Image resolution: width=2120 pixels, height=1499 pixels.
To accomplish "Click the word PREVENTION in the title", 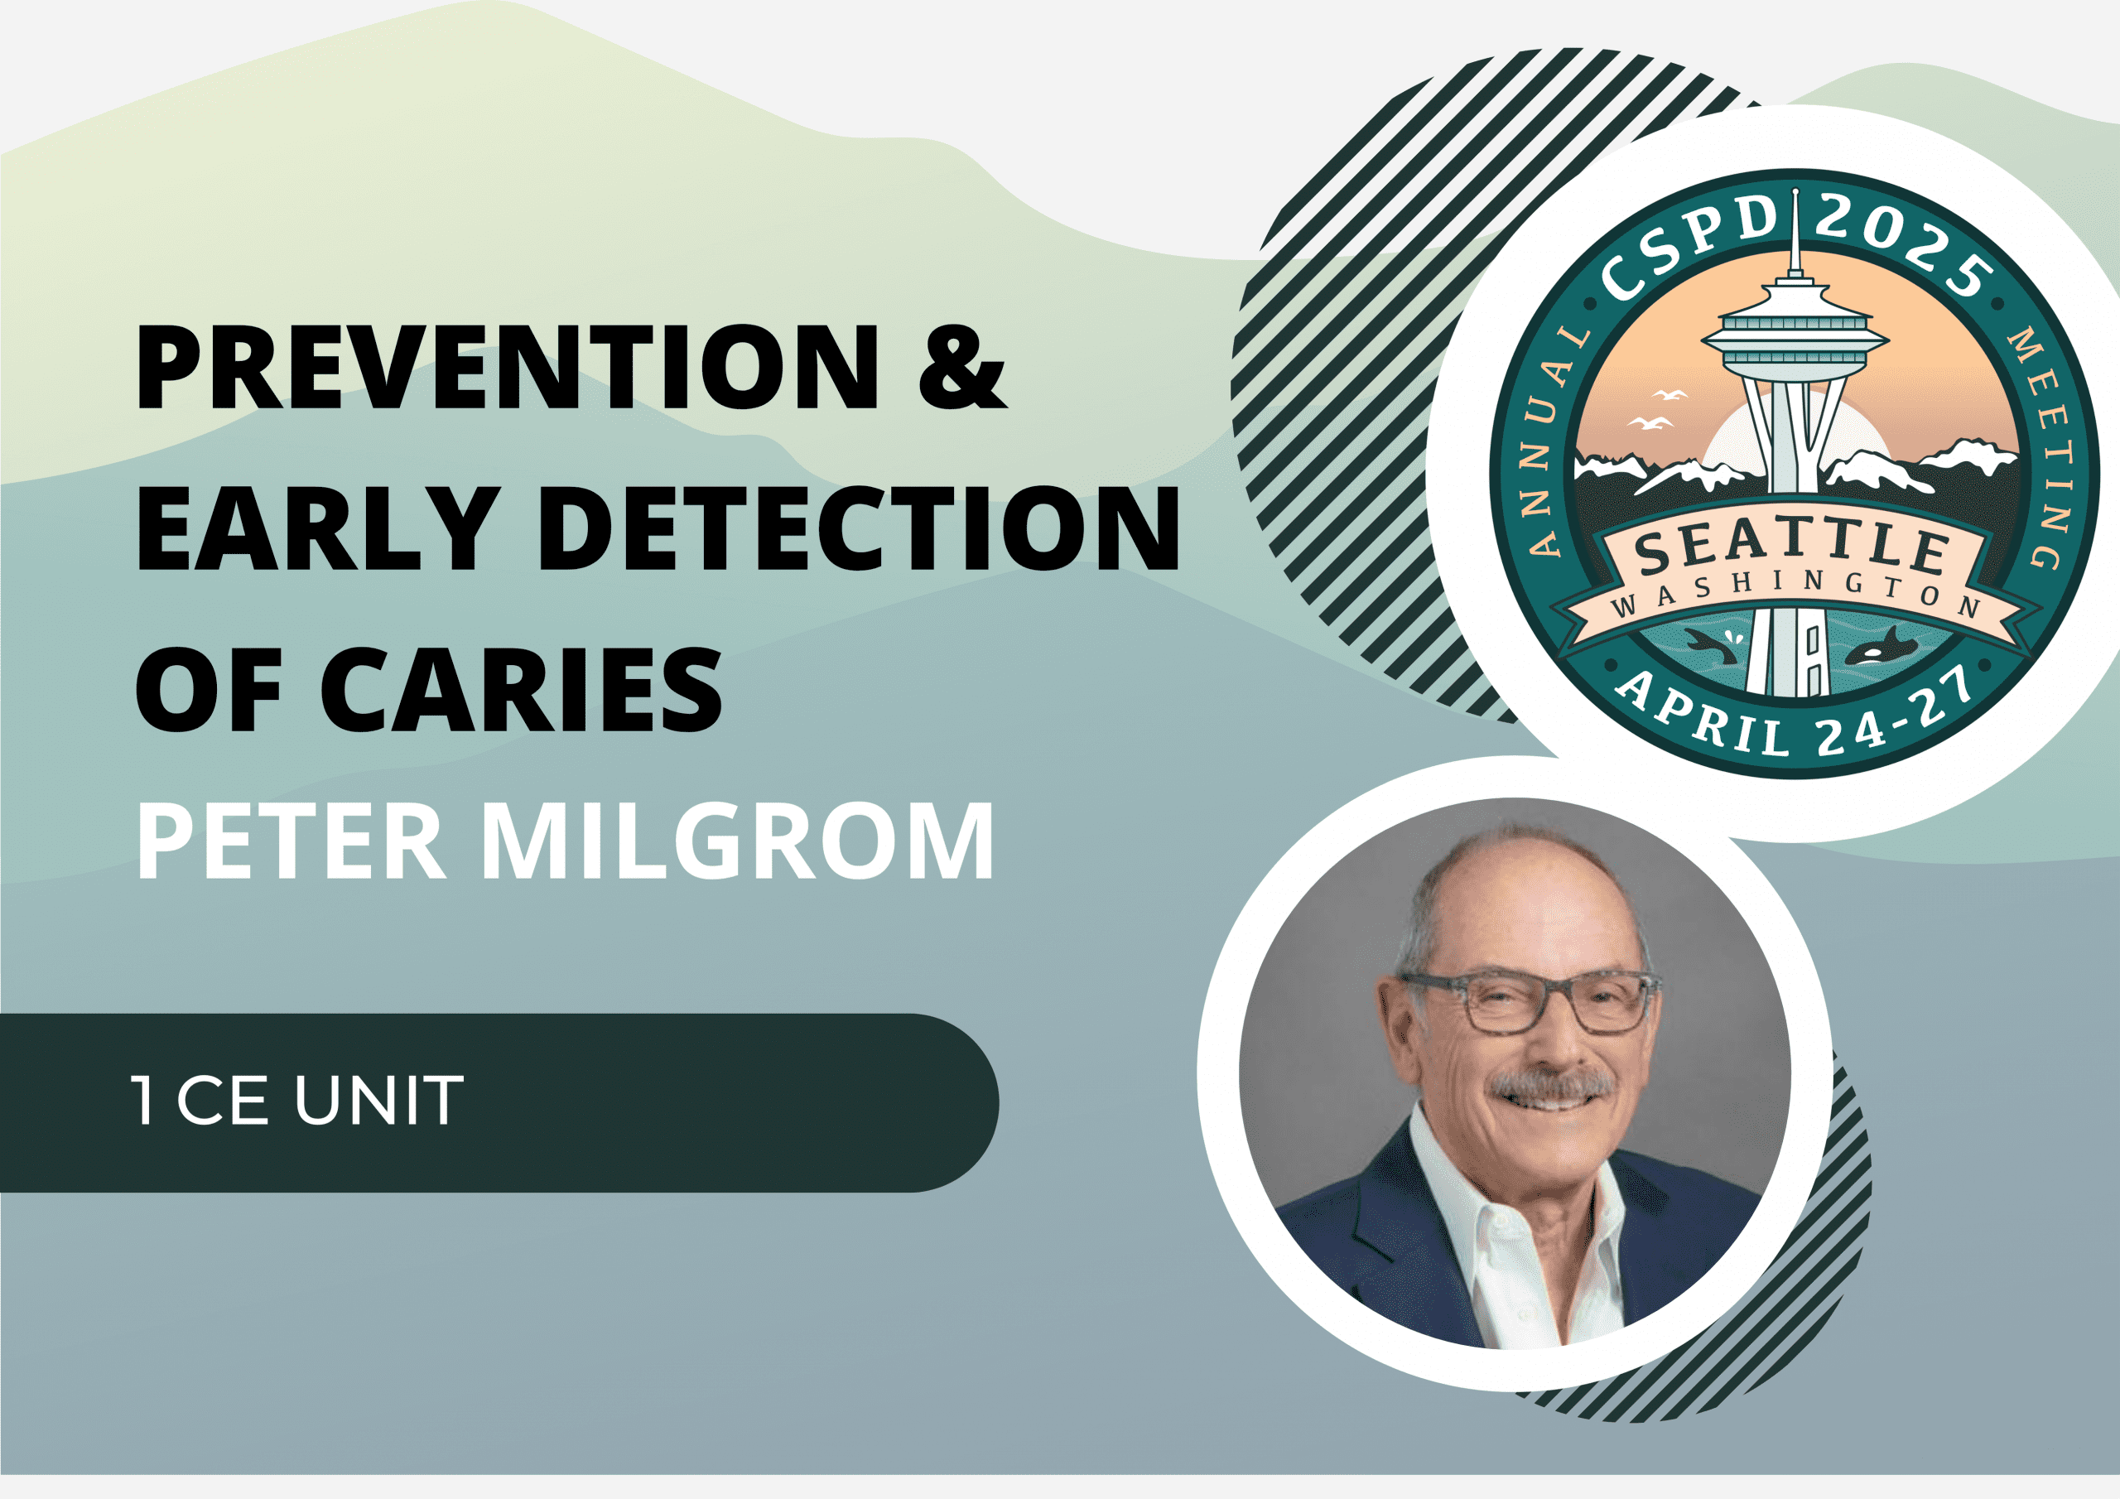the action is (x=508, y=366).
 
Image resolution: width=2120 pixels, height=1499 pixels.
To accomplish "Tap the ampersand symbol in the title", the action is (x=961, y=366).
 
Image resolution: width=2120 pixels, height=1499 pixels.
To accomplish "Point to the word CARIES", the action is (x=521, y=689).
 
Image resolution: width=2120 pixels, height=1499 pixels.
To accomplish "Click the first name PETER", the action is (x=291, y=841).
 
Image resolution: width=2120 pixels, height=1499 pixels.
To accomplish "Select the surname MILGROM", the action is (x=738, y=841).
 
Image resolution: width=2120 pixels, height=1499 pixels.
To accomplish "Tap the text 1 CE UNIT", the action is (x=297, y=1099).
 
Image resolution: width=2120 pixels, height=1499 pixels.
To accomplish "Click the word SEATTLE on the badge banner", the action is (x=1792, y=547).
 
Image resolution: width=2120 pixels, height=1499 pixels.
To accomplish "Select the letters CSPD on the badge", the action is (x=1689, y=248).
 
